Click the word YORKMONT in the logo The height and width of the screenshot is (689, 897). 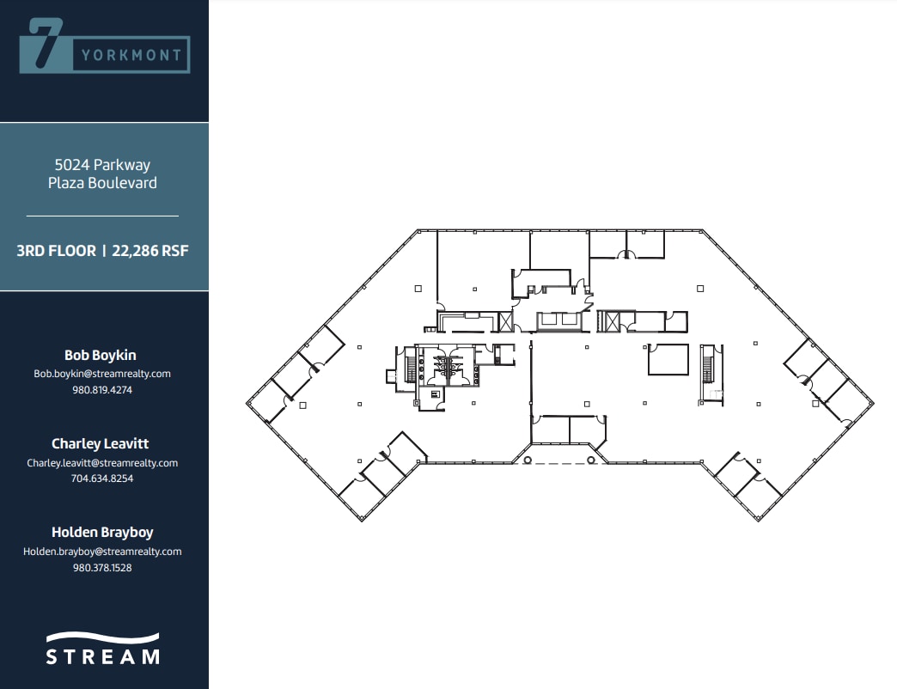tap(131, 56)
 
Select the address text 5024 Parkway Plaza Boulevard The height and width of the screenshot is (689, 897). tap(102, 174)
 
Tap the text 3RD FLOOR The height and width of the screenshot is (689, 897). tap(56, 252)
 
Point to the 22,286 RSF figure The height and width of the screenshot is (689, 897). tap(150, 252)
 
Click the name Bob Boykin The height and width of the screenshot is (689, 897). tap(100, 355)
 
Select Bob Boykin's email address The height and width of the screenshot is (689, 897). tap(102, 374)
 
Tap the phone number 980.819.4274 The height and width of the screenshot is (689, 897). tap(102, 389)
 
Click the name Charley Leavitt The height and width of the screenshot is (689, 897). tap(100, 443)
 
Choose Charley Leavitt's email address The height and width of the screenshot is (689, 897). tap(102, 463)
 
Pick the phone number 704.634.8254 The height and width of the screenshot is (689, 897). tap(102, 479)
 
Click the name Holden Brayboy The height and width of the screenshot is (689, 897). tap(102, 532)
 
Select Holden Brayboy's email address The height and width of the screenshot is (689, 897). tap(102, 552)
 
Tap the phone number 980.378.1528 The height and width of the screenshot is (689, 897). tap(102, 567)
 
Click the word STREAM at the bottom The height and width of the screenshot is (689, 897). tap(102, 657)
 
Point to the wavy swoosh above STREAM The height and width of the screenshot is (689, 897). tap(102, 638)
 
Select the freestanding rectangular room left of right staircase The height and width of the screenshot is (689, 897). tap(668, 359)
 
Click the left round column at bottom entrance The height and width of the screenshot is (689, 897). tap(528, 460)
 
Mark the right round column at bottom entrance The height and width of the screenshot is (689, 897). tap(592, 460)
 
